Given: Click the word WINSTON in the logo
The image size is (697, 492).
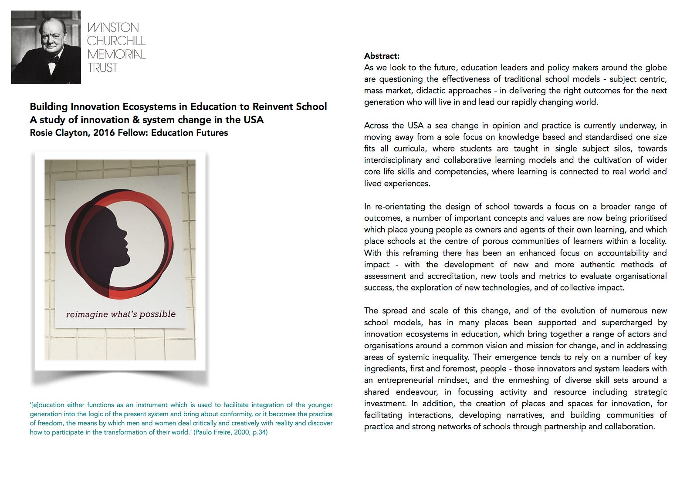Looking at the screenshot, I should (113, 27).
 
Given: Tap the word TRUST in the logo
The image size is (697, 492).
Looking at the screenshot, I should (102, 68).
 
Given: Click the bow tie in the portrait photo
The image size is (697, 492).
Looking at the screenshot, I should (53, 59).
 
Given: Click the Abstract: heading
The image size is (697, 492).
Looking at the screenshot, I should (382, 56).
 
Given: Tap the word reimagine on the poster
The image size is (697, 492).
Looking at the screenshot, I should (87, 314).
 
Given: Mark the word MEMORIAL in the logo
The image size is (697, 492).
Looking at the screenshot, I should (116, 54).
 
